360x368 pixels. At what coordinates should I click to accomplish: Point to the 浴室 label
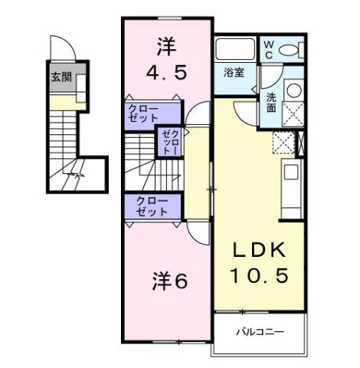(x=233, y=74)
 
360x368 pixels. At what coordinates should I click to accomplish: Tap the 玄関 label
(x=61, y=77)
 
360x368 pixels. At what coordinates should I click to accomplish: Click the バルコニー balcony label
(x=261, y=333)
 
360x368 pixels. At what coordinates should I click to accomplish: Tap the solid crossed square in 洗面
(x=293, y=114)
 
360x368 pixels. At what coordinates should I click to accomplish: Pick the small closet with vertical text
(x=169, y=143)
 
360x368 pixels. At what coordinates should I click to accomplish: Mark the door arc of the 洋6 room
(x=195, y=235)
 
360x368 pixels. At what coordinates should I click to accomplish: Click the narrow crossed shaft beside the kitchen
(x=301, y=143)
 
